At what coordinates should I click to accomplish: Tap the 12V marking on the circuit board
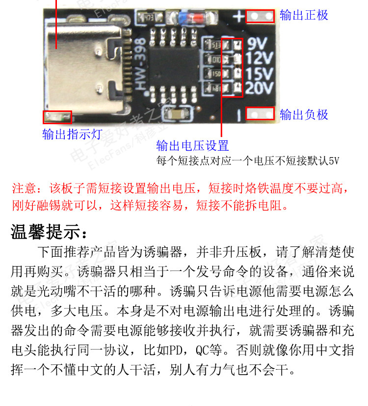click(259, 59)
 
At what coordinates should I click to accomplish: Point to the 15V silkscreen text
click(259, 74)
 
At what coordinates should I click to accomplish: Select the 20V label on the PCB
click(259, 88)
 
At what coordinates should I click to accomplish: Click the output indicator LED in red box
click(57, 117)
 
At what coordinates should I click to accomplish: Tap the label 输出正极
click(304, 15)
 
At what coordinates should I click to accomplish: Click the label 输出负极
click(304, 115)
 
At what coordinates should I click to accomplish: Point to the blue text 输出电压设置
click(192, 145)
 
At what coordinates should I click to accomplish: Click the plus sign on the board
click(238, 17)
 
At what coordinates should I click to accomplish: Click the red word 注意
click(24, 188)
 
